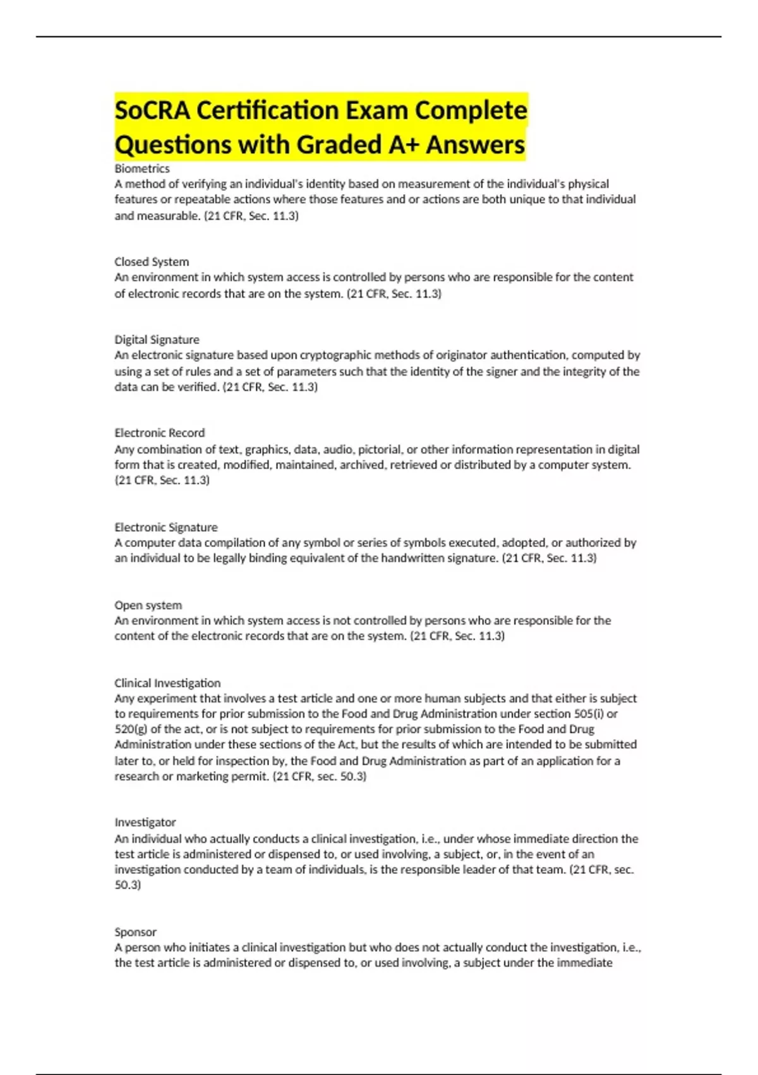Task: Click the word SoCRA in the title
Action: pos(152,111)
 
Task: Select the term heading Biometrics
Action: pos(142,169)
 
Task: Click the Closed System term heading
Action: pos(152,262)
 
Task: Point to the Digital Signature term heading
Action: pos(157,340)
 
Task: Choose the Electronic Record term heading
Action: pos(159,433)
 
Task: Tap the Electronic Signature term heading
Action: pos(165,527)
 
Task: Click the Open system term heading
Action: pos(148,605)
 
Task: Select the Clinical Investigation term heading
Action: pos(167,683)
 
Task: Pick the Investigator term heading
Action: pos(145,822)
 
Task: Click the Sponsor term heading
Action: pos(135,932)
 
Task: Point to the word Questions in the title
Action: pos(173,144)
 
